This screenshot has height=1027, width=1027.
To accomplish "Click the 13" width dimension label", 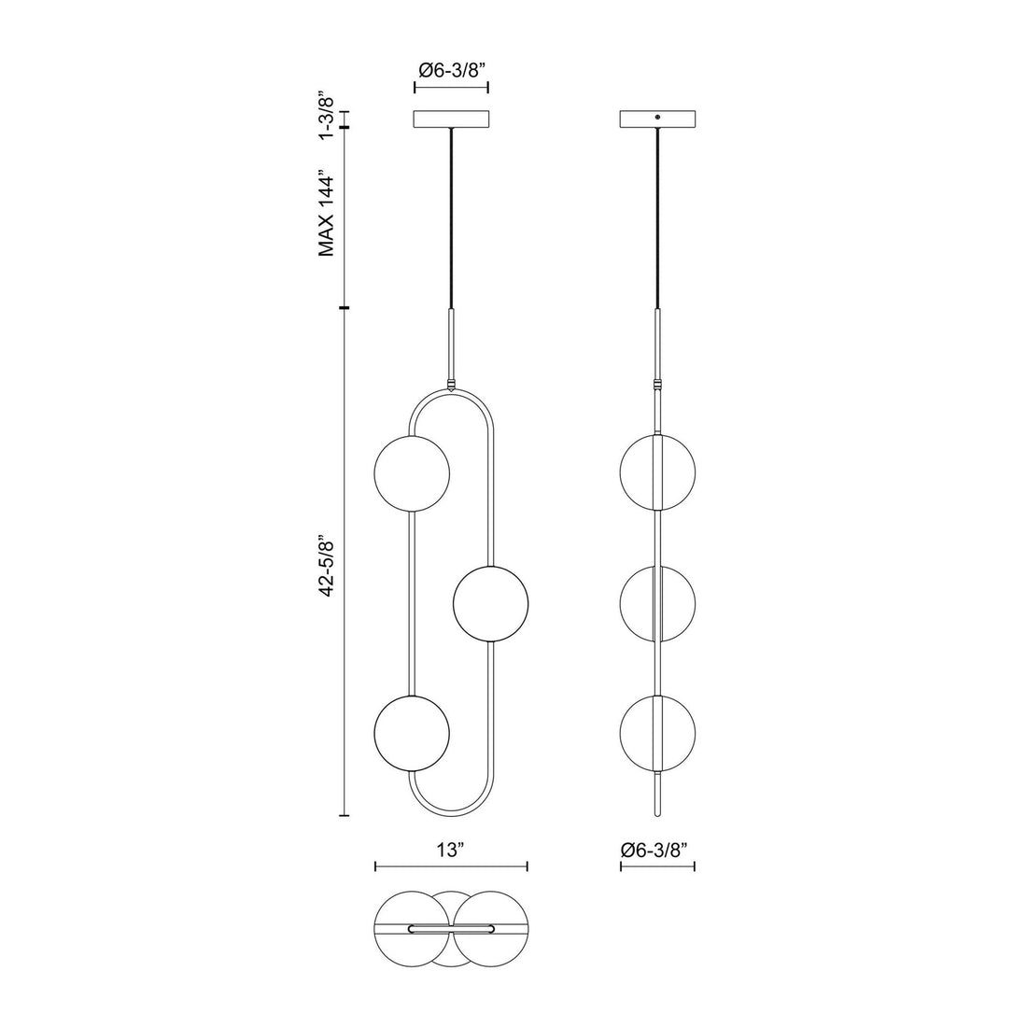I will (x=450, y=851).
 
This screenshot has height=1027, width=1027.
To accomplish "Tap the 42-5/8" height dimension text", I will (x=326, y=566).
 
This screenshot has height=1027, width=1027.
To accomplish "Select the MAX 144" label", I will (x=326, y=214).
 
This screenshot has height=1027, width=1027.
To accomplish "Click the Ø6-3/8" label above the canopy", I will (x=451, y=69).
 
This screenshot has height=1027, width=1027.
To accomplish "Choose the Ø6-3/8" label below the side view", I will (x=657, y=851).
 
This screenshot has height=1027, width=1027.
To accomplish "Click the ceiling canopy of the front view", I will (x=451, y=120).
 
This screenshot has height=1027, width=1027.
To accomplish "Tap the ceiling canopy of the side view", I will (x=657, y=120).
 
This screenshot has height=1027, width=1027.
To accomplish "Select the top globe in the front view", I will (x=411, y=473).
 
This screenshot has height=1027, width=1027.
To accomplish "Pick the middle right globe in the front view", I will (x=490, y=604).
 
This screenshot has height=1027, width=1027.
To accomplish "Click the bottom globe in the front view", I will (x=411, y=731).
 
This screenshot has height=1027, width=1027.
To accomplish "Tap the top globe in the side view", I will (x=657, y=473).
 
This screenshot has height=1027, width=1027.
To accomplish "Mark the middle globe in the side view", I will (x=657, y=604).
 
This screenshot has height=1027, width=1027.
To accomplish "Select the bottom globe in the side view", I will (x=657, y=731).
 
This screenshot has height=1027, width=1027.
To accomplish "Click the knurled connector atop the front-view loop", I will (x=451, y=384).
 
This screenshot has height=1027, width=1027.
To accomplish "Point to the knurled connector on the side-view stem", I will (x=657, y=384).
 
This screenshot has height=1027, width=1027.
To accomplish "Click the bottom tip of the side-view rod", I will (x=657, y=812).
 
